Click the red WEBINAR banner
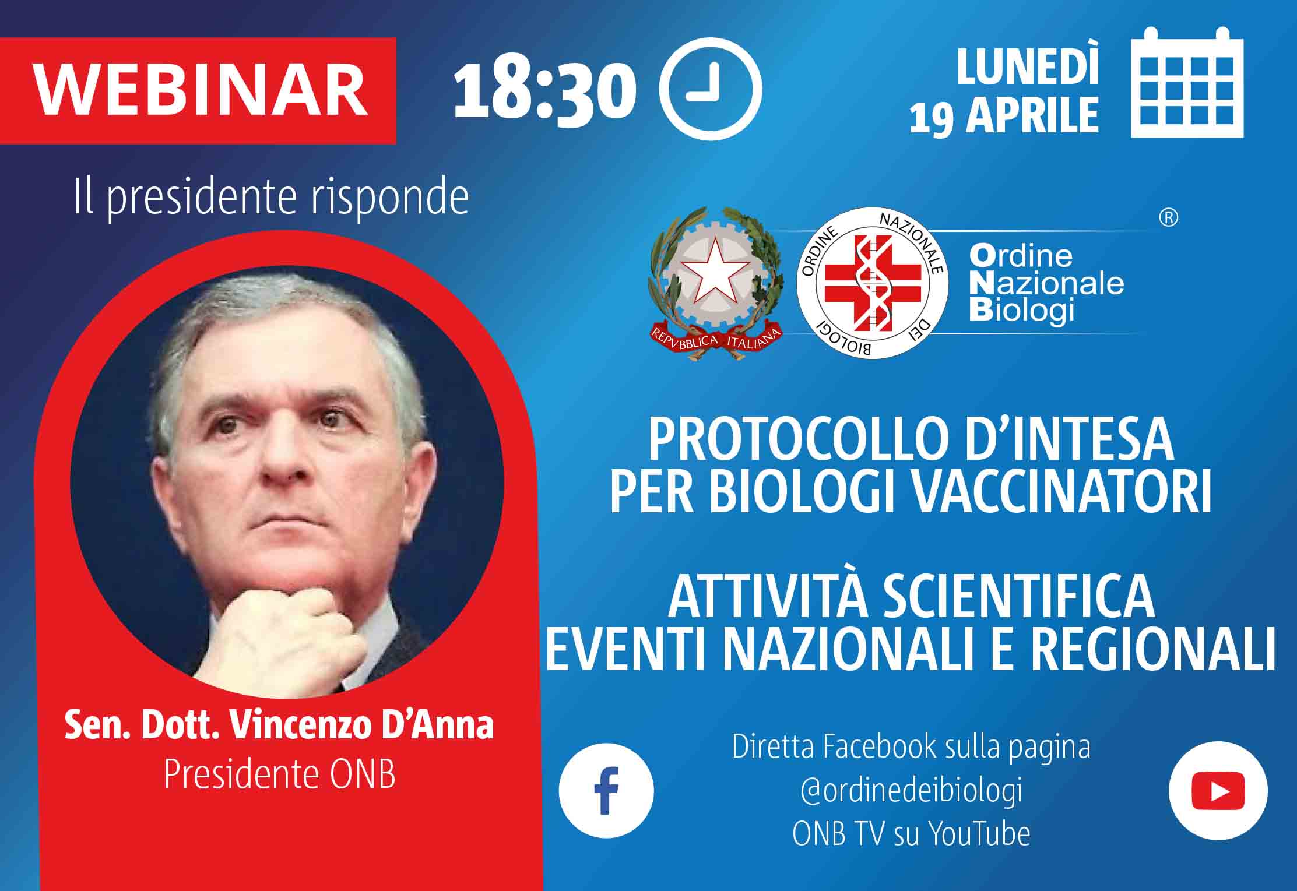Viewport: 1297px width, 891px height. (198, 91)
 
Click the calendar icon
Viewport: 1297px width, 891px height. (1187, 82)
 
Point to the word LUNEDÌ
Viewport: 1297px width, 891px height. (1028, 66)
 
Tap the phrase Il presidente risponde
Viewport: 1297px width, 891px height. (272, 199)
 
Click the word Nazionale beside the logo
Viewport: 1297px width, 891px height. (1046, 283)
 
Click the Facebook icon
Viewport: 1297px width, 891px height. (606, 790)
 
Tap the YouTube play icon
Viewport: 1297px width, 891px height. (1218, 791)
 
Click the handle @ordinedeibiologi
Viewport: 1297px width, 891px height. (911, 791)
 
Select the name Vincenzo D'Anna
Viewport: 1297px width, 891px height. (362, 726)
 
